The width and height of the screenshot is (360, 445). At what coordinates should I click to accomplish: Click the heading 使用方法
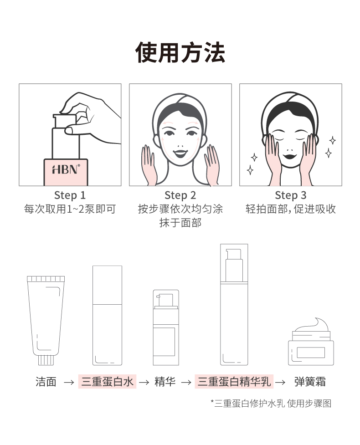pyautogui.click(x=180, y=52)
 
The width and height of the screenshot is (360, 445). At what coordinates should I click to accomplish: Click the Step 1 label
pyautogui.click(x=70, y=195)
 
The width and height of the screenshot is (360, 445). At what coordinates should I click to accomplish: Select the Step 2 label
pyautogui.click(x=180, y=195)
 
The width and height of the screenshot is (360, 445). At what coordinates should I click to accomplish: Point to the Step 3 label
pyautogui.click(x=291, y=195)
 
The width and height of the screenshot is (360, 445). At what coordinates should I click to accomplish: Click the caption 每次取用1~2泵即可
pyautogui.click(x=70, y=209)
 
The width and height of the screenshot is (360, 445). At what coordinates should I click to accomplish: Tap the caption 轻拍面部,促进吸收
pyautogui.click(x=291, y=209)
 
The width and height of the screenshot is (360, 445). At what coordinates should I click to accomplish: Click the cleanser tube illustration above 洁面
pyautogui.click(x=46, y=320)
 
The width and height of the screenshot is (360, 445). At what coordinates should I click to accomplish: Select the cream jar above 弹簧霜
pyautogui.click(x=311, y=342)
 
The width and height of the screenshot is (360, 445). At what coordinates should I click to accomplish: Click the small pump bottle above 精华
pyautogui.click(x=166, y=327)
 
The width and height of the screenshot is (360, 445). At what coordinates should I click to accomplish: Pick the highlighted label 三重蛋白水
pyautogui.click(x=108, y=381)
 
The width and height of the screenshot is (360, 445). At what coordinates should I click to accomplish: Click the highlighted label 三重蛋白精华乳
pyautogui.click(x=234, y=381)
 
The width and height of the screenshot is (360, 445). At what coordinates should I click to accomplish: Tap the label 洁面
pyautogui.click(x=46, y=382)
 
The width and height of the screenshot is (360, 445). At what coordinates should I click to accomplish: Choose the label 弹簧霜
pyautogui.click(x=310, y=382)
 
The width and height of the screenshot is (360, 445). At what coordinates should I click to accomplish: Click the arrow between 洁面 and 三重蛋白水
pyautogui.click(x=69, y=383)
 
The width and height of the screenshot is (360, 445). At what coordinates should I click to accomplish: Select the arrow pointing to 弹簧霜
pyautogui.click(x=280, y=383)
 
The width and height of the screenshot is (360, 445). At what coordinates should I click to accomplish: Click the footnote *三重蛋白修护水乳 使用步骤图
pyautogui.click(x=271, y=403)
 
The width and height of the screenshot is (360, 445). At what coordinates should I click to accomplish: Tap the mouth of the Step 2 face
pyautogui.click(x=180, y=154)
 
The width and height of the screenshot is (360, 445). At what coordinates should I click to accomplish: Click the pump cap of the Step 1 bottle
pyautogui.click(x=65, y=121)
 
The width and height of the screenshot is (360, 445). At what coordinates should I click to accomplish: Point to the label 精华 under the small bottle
pyautogui.click(x=165, y=382)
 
